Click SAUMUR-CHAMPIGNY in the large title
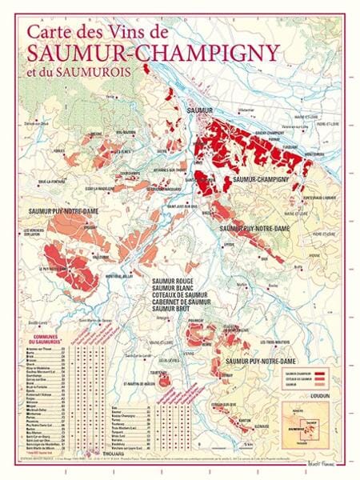pos(153,52)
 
